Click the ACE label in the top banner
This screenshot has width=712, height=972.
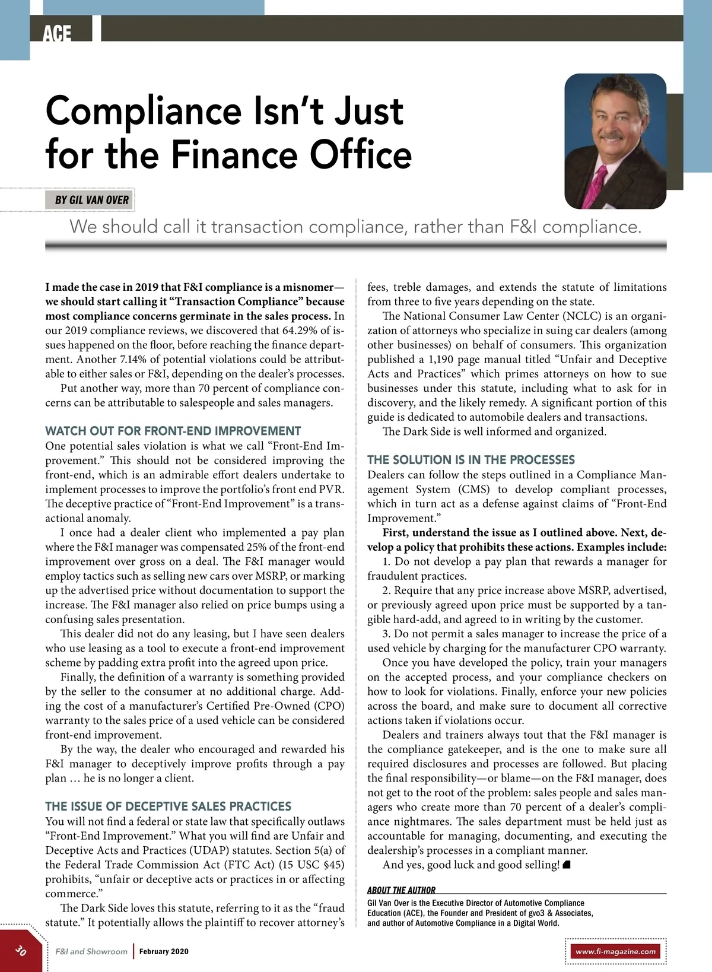[57, 33]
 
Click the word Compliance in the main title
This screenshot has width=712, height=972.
[145, 112]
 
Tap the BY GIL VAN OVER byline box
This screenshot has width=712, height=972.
[91, 200]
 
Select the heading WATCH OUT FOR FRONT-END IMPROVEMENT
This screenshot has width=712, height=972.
[173, 431]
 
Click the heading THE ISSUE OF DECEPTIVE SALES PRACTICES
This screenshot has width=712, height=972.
[168, 806]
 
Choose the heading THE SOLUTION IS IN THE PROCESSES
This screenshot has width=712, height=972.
[471, 460]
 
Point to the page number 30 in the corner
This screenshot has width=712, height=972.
[21, 950]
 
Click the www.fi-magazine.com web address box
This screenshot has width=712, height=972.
[615, 951]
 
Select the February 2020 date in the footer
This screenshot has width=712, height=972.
[164, 951]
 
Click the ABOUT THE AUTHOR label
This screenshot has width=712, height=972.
[401, 890]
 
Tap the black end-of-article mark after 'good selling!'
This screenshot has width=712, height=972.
[567, 865]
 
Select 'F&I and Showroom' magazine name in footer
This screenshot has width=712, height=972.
[91, 951]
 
